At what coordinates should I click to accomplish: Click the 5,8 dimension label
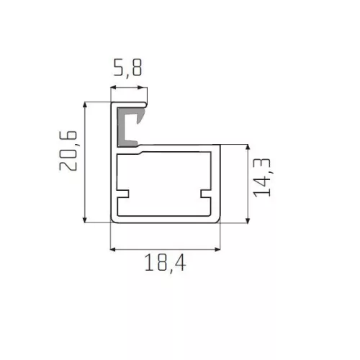pos(127,68)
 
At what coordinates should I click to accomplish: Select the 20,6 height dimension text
pos(68,150)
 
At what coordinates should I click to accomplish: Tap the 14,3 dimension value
pos(263,178)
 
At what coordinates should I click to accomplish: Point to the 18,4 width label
pos(166,263)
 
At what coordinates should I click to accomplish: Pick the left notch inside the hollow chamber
pos(123,194)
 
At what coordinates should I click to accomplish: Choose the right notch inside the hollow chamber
pos(206,194)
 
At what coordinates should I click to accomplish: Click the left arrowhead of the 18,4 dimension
pos(113,250)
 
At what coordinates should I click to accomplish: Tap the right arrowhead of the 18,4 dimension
pos(217,250)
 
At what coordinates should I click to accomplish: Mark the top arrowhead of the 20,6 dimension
pos(84,104)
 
